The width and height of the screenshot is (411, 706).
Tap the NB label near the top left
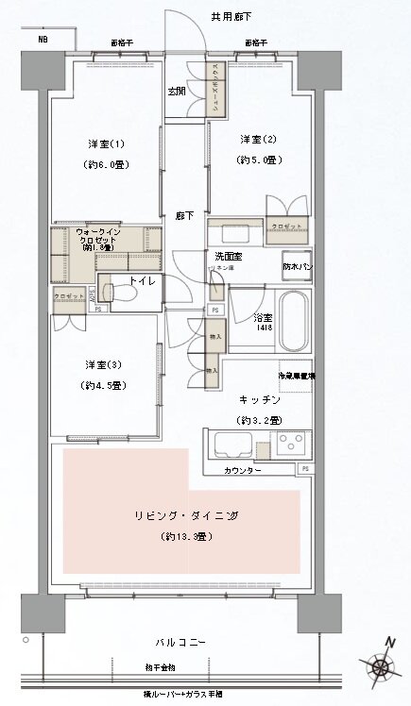pos(43,40)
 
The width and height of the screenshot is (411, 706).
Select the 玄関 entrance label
pos(178,92)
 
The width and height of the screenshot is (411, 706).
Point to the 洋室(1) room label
pos(106,143)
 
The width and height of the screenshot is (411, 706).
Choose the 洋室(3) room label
pos(99,364)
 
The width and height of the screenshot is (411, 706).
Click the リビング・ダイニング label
pos(184,515)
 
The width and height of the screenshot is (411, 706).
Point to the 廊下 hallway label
pos(184,216)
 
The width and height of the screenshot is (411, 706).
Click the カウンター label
pos(244,469)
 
